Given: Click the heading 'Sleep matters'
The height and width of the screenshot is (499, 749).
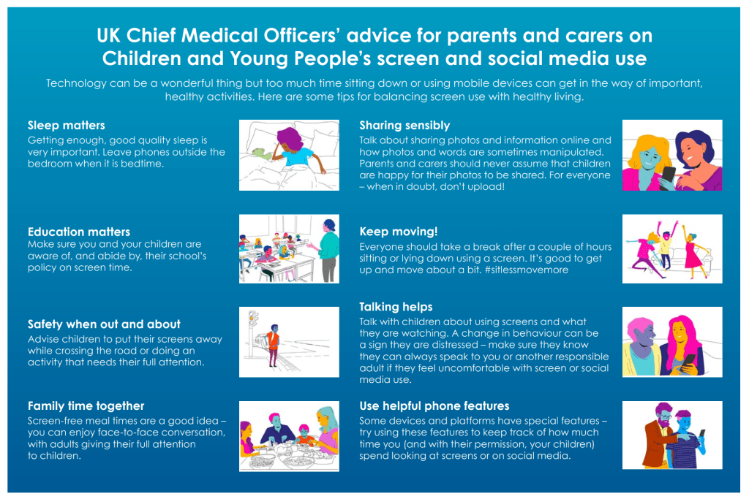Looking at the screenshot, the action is [x=67, y=126].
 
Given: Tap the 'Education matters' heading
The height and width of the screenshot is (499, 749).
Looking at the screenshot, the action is [x=79, y=232].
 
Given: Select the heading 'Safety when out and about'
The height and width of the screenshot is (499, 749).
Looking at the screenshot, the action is [x=104, y=324].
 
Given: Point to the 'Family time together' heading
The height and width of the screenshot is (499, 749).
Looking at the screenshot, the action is [x=86, y=406].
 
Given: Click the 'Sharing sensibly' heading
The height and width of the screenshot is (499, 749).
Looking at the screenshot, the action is [x=404, y=126].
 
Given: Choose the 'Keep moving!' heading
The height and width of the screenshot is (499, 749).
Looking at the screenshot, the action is [x=399, y=232].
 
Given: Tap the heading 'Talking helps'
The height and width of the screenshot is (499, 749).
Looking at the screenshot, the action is [x=396, y=307].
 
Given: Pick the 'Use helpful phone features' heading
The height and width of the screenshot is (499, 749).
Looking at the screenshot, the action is [x=434, y=406].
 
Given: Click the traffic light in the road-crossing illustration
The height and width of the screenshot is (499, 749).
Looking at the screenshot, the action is [x=253, y=319].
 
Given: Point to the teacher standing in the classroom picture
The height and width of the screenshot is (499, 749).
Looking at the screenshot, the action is [x=328, y=250].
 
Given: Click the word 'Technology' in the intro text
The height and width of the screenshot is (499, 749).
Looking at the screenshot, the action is [x=76, y=83].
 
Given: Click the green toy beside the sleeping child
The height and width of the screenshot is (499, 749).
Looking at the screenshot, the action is [x=260, y=153].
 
